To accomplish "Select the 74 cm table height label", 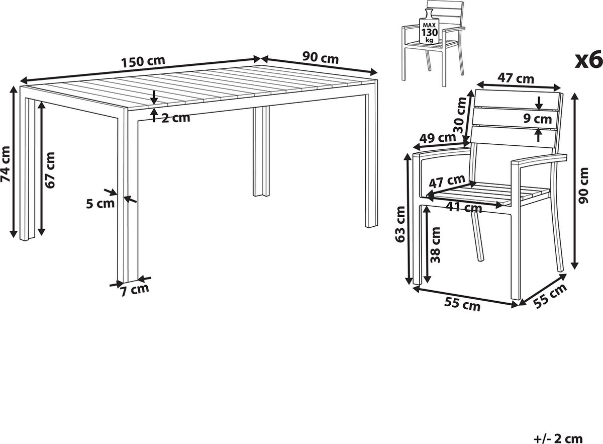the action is click(x=6, y=164).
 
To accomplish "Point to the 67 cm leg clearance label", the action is click(x=50, y=170).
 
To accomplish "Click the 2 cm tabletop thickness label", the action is click(x=175, y=118).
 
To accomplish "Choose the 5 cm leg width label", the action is click(x=100, y=204).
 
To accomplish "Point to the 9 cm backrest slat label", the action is click(x=537, y=119).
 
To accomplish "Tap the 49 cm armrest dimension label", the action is click(x=438, y=138).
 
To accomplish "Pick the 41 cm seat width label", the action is click(x=464, y=208).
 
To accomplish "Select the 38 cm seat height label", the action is click(x=435, y=245).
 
